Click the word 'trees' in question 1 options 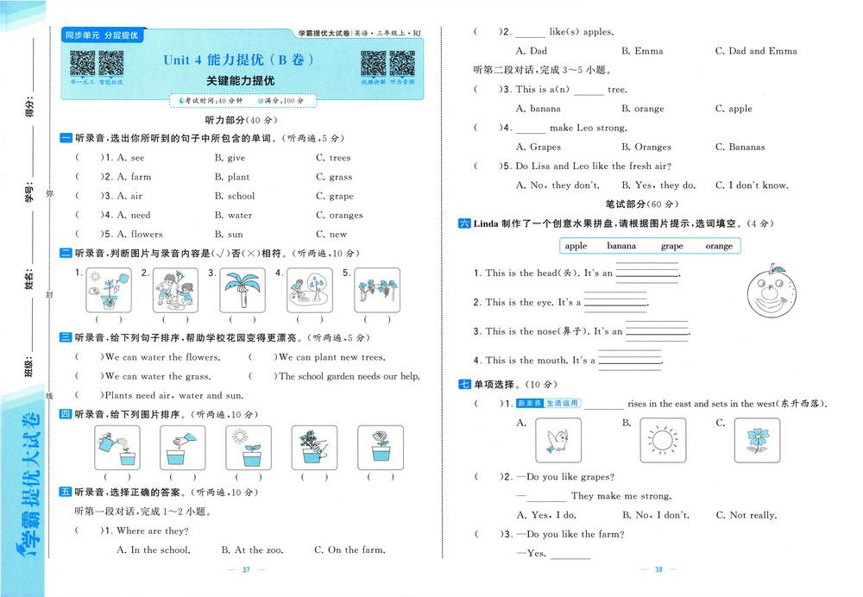339,158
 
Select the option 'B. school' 235,196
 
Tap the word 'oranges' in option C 345,215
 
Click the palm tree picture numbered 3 242,290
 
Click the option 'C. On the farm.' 350,550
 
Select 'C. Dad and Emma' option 756,51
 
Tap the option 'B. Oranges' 646,147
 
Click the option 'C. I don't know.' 752,185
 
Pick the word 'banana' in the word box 621,246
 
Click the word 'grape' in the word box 672,246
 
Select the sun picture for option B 662,442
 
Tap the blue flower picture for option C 756,442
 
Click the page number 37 246,569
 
